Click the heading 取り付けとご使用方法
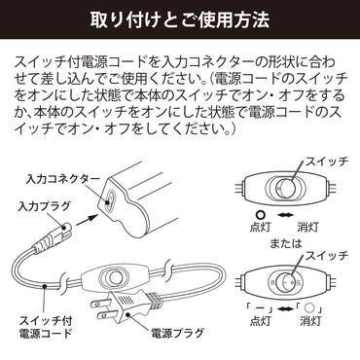pos(179,18)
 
